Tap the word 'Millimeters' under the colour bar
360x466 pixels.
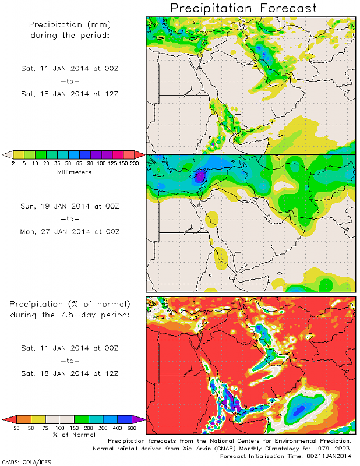point(74,172)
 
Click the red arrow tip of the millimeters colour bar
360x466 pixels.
point(140,155)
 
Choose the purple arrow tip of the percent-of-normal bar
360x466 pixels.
point(142,419)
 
